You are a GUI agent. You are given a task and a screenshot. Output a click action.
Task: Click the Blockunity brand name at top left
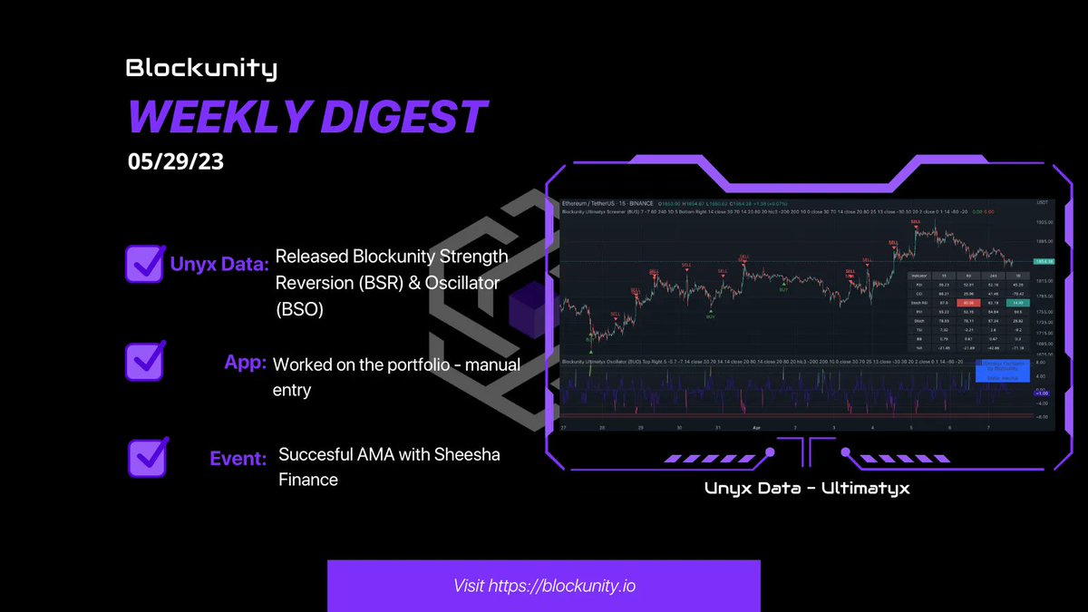pos(201,68)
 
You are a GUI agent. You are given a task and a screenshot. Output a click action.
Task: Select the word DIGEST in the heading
pos(410,117)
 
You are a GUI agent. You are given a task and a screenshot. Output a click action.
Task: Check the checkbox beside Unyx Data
pos(144,262)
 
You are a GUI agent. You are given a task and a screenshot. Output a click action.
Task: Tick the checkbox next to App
pos(144,360)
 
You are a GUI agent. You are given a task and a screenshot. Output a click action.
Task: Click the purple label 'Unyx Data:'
pos(219,266)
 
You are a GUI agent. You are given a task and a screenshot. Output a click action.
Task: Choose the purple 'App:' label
pos(245,363)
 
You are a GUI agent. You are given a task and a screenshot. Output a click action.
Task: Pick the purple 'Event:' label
pos(238,459)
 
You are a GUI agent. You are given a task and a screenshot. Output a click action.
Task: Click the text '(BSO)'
pos(299,309)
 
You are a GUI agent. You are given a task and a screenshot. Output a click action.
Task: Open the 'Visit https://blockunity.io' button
pos(544,586)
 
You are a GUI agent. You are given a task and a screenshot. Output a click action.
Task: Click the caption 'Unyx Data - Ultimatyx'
pos(806,489)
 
